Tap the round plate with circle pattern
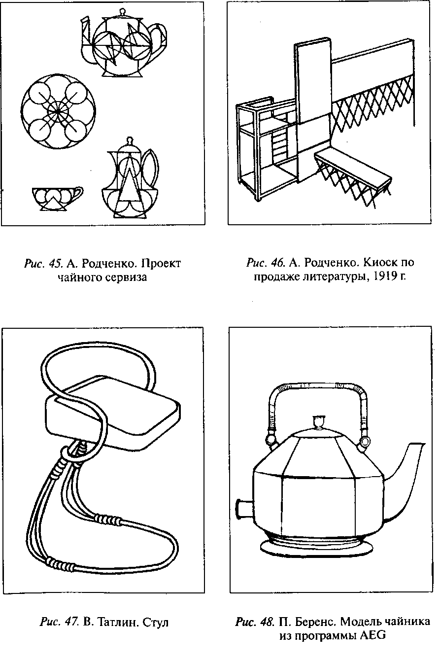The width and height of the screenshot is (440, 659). pos(58,111)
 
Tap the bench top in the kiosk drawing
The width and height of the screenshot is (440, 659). pos(353,168)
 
